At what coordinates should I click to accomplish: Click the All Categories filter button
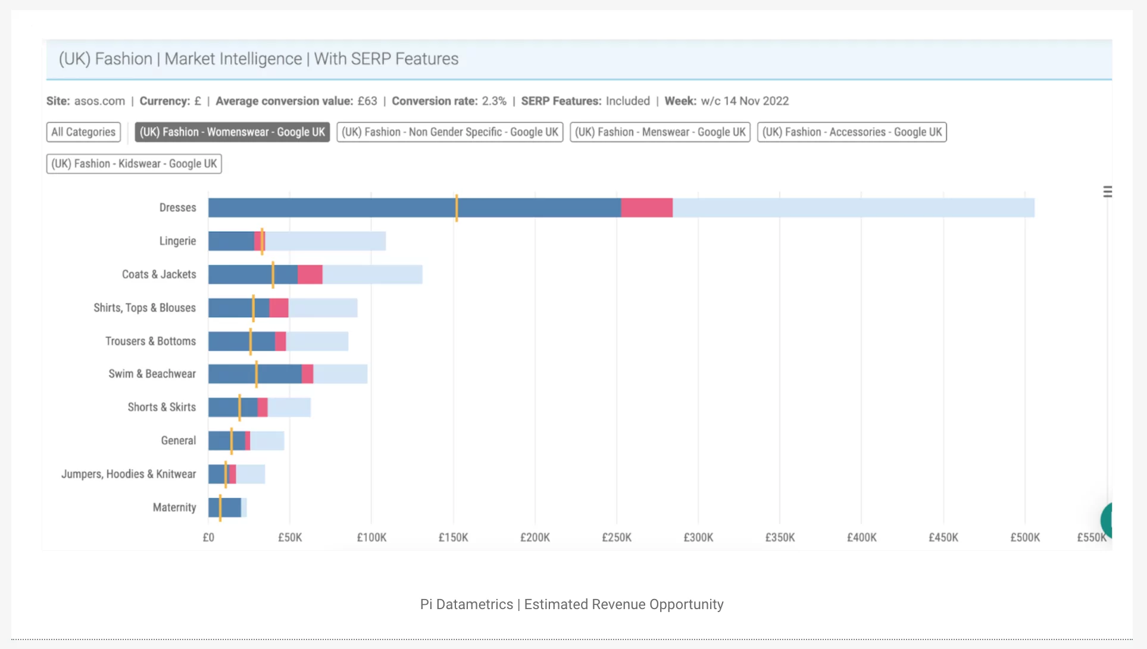coord(83,132)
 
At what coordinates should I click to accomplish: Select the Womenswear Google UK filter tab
coord(232,132)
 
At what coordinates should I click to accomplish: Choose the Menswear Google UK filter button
coord(660,132)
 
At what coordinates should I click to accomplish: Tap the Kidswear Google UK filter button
coord(134,164)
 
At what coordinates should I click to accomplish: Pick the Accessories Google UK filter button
coord(852,132)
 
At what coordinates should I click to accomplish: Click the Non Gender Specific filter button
coord(449,132)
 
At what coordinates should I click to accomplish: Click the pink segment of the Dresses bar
coord(646,208)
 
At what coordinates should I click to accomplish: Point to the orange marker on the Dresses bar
coord(457,208)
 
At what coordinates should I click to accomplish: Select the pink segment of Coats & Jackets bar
coord(310,274)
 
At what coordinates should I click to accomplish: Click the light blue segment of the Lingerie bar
coord(325,241)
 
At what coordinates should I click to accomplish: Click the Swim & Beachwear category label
coord(152,374)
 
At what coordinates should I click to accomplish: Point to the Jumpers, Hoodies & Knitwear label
coord(128,474)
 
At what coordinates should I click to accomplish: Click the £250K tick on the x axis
coord(616,538)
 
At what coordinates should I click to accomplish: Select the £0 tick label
coord(208,538)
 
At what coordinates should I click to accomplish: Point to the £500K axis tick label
coord(1024,538)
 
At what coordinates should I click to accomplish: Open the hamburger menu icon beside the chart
coord(1107,192)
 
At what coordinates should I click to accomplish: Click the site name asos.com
coord(99,101)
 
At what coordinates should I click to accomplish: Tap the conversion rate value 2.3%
coord(494,101)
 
